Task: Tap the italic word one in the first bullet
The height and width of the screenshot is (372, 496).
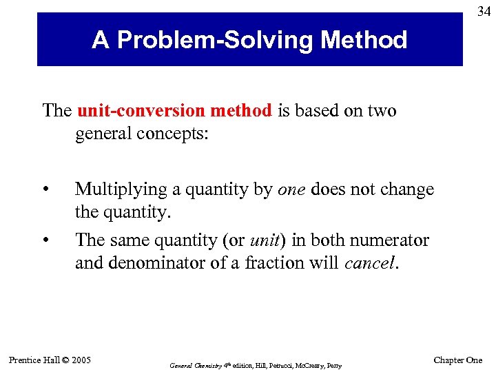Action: (291, 189)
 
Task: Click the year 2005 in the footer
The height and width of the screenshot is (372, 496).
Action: (81, 360)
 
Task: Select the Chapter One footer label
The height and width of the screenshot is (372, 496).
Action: (457, 360)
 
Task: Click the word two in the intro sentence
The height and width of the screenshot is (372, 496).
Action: (383, 111)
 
